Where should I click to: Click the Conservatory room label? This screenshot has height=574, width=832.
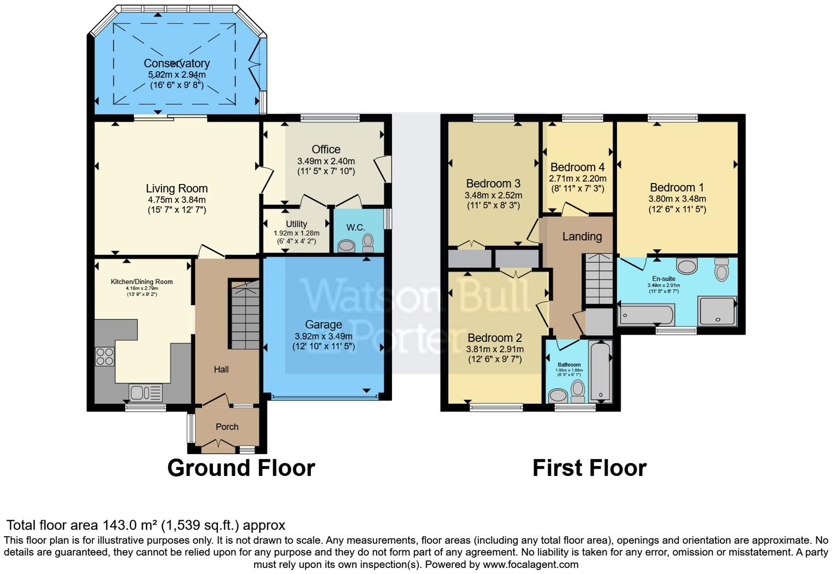click(x=176, y=64)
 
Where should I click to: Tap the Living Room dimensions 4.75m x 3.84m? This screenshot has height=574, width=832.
click(x=176, y=200)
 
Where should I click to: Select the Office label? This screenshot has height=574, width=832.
click(x=326, y=150)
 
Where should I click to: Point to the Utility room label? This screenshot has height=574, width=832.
click(x=296, y=224)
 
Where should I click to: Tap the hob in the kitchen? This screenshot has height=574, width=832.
click(x=105, y=357)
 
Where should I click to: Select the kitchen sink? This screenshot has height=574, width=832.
click(x=146, y=392)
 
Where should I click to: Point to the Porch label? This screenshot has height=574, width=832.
click(x=227, y=427)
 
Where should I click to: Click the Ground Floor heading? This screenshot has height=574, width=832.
click(x=241, y=468)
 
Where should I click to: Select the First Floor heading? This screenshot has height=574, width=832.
click(x=589, y=468)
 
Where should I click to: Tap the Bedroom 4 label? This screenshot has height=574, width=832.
click(x=577, y=167)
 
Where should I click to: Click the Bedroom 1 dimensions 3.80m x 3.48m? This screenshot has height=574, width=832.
click(x=677, y=199)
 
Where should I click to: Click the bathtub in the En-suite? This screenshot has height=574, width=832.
click(x=646, y=315)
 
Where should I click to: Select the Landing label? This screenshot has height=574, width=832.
click(x=582, y=237)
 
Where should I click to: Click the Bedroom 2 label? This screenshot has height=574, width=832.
click(x=494, y=338)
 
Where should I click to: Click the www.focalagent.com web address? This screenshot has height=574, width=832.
click(x=530, y=564)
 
